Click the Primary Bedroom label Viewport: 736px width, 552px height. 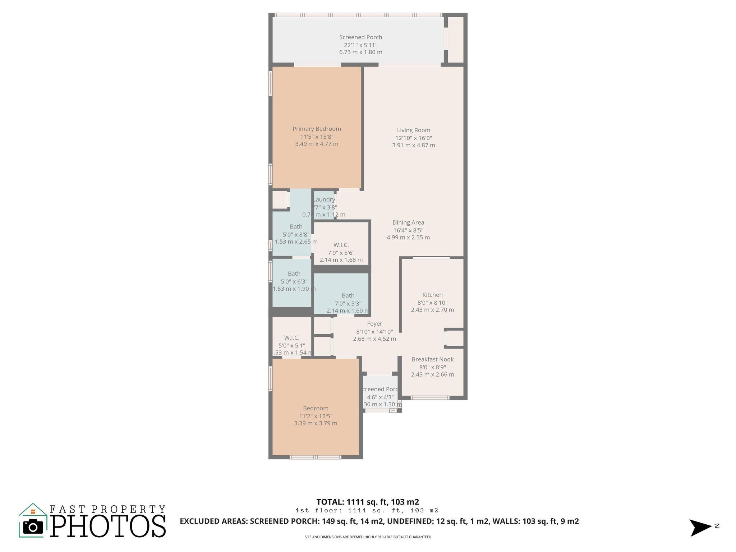(x=317, y=129)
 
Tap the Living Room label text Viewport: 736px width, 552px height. (x=413, y=130)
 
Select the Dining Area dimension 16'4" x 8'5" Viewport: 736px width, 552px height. (x=408, y=230)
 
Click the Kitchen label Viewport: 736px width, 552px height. (x=432, y=295)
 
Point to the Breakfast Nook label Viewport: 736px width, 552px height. (x=432, y=359)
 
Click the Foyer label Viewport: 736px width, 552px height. (x=374, y=324)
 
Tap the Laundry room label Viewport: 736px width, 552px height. (x=325, y=200)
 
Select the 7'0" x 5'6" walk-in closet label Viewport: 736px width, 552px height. (x=341, y=253)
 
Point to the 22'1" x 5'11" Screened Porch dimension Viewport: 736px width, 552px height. (x=360, y=45)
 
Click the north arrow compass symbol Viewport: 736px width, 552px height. (x=700, y=527)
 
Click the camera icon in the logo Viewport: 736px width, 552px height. (x=33, y=527)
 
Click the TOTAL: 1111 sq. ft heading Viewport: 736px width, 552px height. (x=367, y=502)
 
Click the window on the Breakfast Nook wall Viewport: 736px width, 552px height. (x=430, y=397)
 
